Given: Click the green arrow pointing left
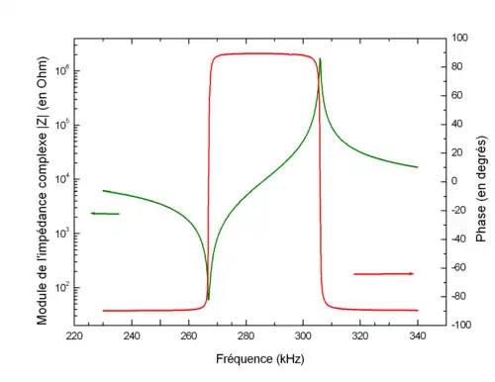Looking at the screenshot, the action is point(105,214).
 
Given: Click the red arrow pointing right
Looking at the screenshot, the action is point(383,274).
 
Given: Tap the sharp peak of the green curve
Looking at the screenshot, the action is point(320,59).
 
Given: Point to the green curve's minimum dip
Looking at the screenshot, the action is point(208,299).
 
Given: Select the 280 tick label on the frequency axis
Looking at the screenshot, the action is point(246,336).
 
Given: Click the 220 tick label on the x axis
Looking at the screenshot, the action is point(74,336).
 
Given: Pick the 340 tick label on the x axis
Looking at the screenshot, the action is point(418,336).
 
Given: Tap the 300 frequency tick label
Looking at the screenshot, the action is point(303,336).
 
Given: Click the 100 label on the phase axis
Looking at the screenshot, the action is point(459,38).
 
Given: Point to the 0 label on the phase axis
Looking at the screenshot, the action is point(454,181).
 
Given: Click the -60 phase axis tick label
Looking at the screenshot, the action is point(458,267).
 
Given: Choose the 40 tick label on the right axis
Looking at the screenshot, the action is point(456,124).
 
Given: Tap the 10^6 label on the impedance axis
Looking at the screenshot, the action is point(62,70).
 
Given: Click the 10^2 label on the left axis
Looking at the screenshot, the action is point(62,287).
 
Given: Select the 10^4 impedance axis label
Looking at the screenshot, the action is point(62,178).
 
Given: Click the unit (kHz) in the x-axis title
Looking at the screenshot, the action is point(290,359).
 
